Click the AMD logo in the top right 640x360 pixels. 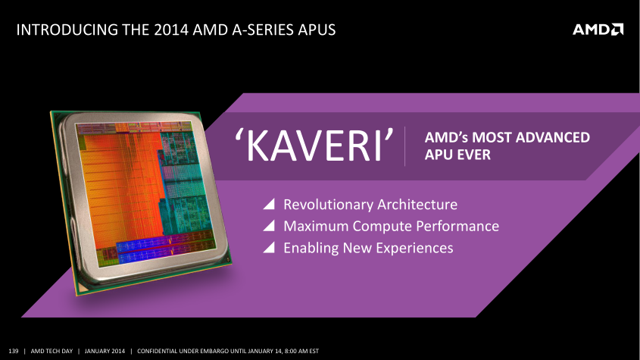coord(598,30)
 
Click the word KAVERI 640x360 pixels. coord(314,146)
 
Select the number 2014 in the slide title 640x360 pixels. coord(171,30)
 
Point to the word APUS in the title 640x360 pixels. coord(317,30)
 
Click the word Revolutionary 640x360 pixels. coord(328,205)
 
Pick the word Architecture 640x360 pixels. coord(417,205)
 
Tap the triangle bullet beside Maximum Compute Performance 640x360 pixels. coord(269,226)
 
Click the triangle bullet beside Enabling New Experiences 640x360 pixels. coord(269,247)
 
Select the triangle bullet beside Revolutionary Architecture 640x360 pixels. coord(269,204)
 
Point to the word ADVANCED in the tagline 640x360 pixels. coord(553,137)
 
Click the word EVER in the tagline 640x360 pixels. coord(474,155)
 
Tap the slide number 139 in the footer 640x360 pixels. coord(14,351)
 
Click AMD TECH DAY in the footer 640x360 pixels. coord(52,351)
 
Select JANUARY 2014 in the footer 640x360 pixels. coord(105,351)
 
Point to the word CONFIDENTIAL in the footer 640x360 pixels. coord(158,351)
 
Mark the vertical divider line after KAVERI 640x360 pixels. coord(405,146)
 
